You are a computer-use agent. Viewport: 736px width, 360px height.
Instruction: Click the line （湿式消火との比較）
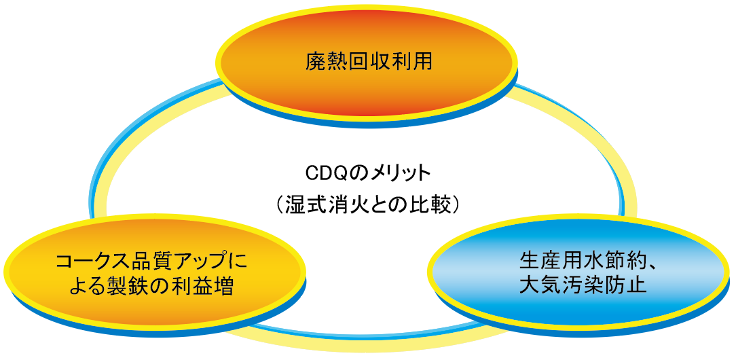coord(368,204)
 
